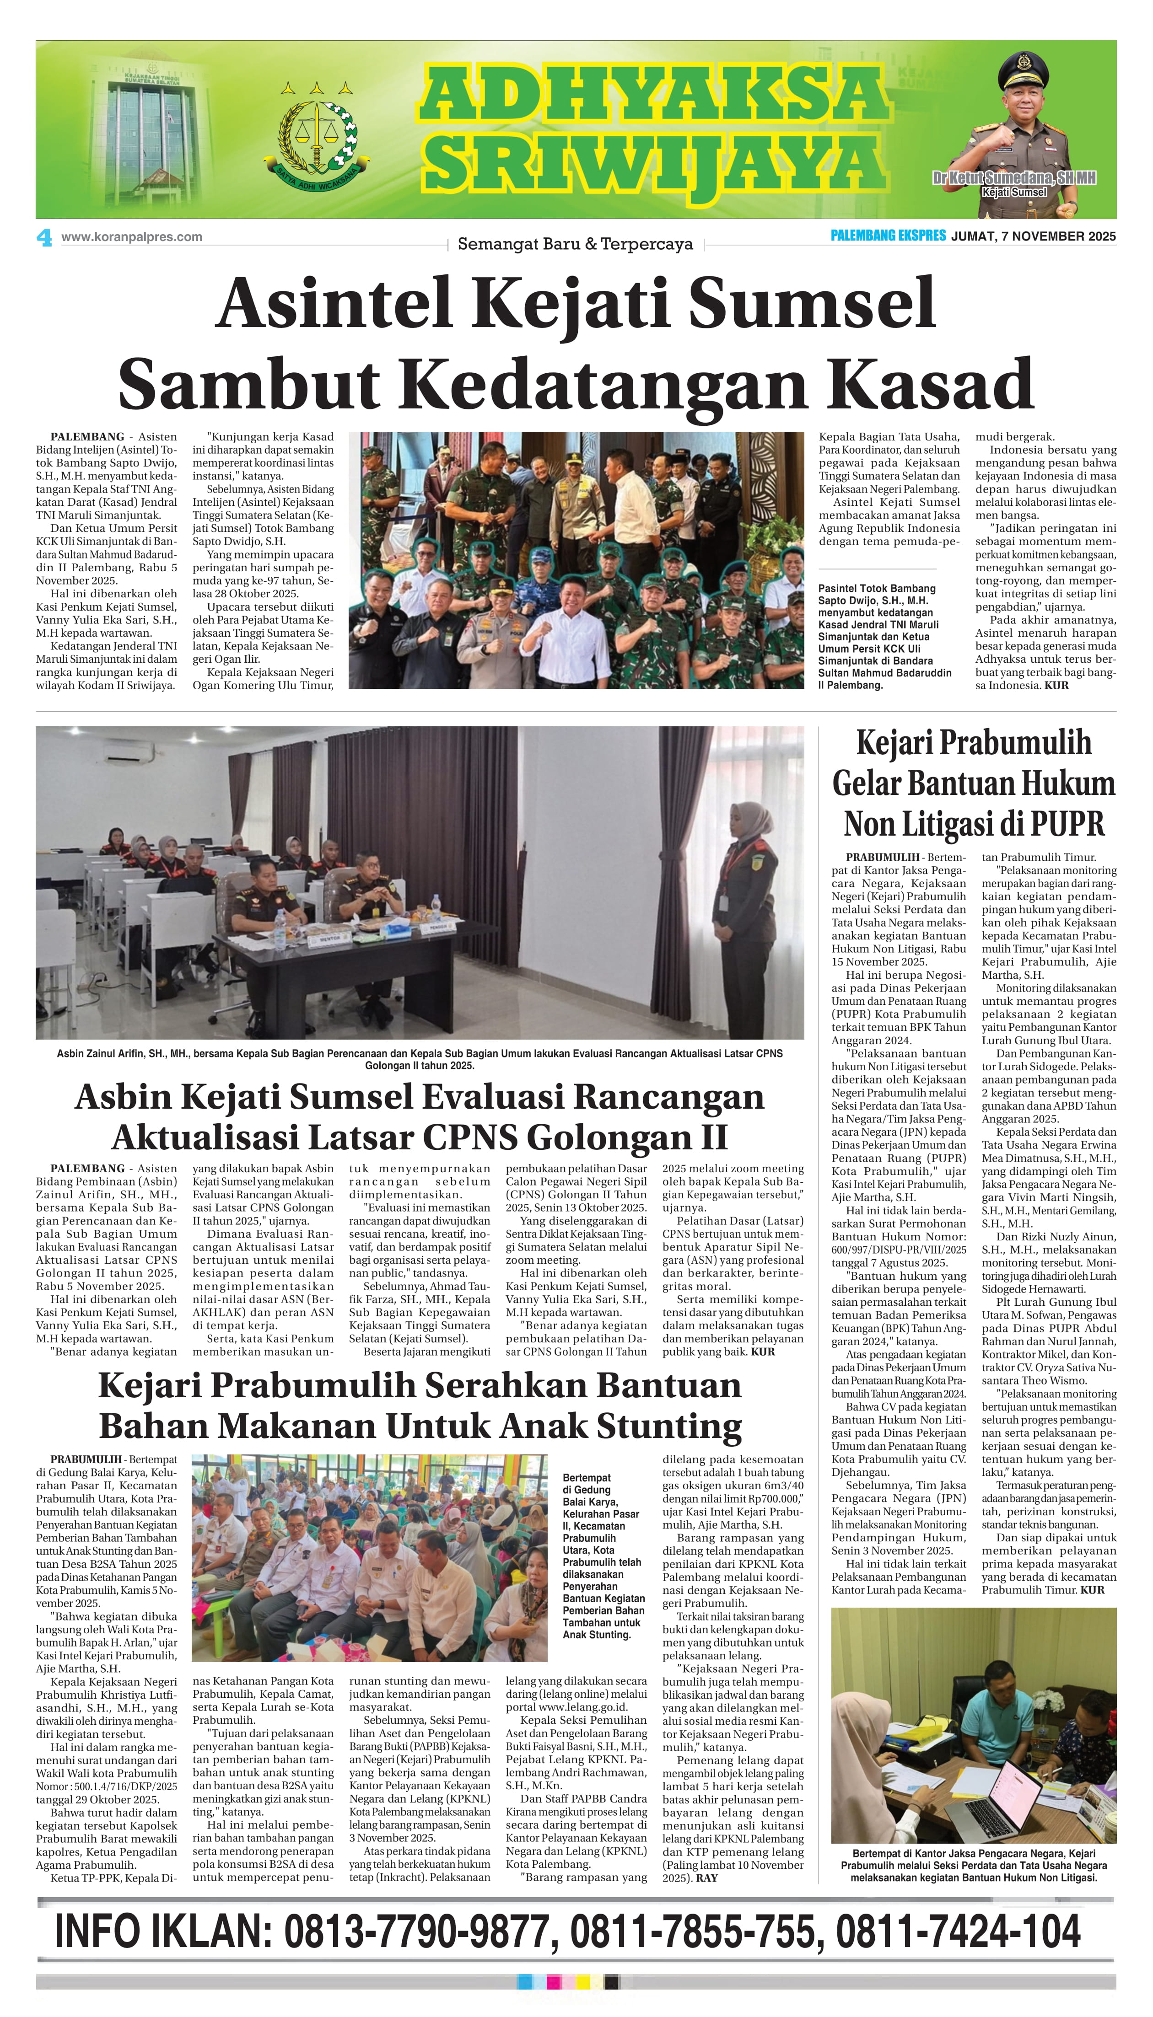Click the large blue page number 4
pos(44,237)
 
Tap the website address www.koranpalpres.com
pos(131,237)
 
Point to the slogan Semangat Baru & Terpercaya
pos(575,245)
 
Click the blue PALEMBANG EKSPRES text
pos(888,236)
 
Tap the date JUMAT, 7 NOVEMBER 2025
pos(1034,236)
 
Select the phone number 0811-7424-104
pos(958,1932)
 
